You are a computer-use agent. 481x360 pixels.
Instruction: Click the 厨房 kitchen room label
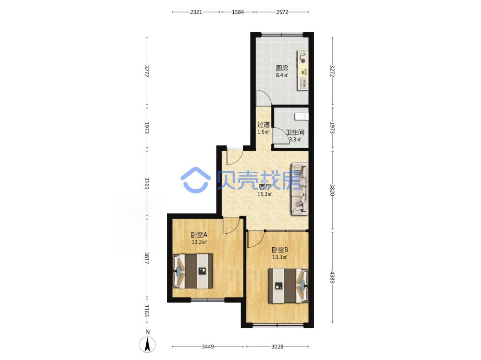282,68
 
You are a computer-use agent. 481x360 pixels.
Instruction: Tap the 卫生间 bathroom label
295,132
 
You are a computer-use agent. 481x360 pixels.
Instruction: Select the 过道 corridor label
264,125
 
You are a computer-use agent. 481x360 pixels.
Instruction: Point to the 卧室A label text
199,235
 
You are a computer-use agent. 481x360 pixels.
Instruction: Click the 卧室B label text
280,250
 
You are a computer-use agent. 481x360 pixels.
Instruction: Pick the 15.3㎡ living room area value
265,194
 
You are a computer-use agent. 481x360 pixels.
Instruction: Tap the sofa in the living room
300,189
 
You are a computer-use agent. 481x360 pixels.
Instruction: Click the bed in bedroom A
193,271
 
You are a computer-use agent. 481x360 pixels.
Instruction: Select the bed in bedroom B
288,286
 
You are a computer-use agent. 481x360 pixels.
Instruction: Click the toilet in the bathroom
302,116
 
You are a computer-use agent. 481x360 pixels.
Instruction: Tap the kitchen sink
303,84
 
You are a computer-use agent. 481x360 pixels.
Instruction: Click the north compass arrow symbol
147,344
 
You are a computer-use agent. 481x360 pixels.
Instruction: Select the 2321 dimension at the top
196,12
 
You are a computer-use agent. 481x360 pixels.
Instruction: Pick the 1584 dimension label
238,12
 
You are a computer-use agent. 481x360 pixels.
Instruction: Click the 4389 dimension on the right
332,277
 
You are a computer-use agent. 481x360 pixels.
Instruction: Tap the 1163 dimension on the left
147,311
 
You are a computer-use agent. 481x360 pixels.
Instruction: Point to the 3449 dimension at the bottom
208,347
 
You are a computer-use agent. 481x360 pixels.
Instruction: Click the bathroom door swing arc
284,134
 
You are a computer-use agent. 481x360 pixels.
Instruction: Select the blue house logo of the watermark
196,180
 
